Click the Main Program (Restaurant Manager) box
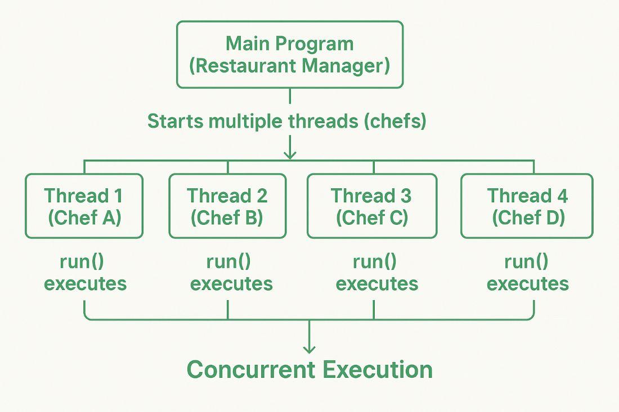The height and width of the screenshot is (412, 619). [x=290, y=55]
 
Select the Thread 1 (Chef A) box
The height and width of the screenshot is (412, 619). [x=84, y=206]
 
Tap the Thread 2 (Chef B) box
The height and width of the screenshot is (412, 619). [x=227, y=206]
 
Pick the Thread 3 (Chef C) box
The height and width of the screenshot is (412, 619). [x=371, y=206]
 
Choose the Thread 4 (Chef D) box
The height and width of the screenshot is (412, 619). [x=527, y=206]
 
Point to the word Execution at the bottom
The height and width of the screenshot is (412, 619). [x=378, y=370]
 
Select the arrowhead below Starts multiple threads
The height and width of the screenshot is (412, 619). [x=290, y=155]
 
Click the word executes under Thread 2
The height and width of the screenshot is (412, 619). [x=231, y=283]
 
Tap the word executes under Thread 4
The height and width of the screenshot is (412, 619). [x=527, y=283]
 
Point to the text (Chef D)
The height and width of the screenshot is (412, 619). [x=527, y=218]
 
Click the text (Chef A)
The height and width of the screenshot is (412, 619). [x=84, y=218]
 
